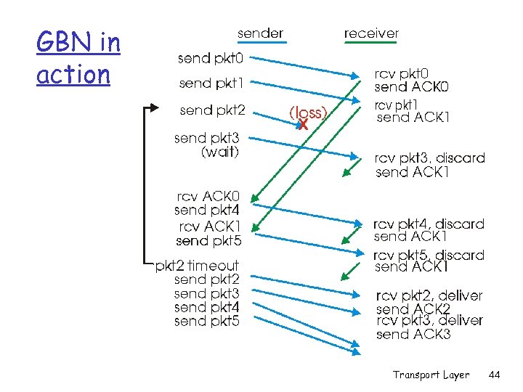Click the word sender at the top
(260, 33)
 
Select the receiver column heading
(370, 33)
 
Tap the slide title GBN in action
(78, 58)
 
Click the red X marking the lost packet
(303, 125)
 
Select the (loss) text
(309, 113)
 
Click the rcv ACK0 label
(211, 197)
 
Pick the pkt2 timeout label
(197, 266)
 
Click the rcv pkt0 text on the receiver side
(401, 74)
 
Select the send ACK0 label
(411, 87)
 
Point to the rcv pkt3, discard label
(429, 158)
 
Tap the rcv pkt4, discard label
(429, 224)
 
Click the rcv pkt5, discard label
(429, 255)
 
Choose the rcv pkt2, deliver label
(429, 295)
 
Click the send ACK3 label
(413, 335)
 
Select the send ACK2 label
(413, 309)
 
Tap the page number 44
(495, 375)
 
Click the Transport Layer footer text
(431, 375)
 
